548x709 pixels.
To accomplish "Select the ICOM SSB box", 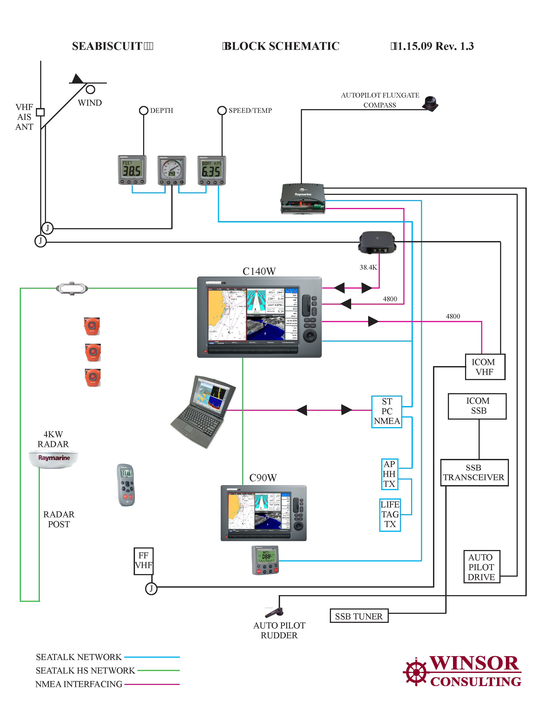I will point(477,406).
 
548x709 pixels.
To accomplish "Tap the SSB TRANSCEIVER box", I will point(474,473).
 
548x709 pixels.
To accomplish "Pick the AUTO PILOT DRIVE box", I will point(481,567).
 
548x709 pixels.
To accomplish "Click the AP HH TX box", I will point(389,474).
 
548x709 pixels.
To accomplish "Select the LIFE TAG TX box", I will point(390,515).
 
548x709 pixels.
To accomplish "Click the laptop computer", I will point(203,412).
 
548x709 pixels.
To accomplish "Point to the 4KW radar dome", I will point(54,459).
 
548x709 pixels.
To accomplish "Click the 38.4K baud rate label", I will point(368,267).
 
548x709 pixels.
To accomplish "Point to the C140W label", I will point(259,271).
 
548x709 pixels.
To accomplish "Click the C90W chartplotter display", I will point(263,513).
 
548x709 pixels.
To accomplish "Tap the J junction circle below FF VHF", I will point(151,588).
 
